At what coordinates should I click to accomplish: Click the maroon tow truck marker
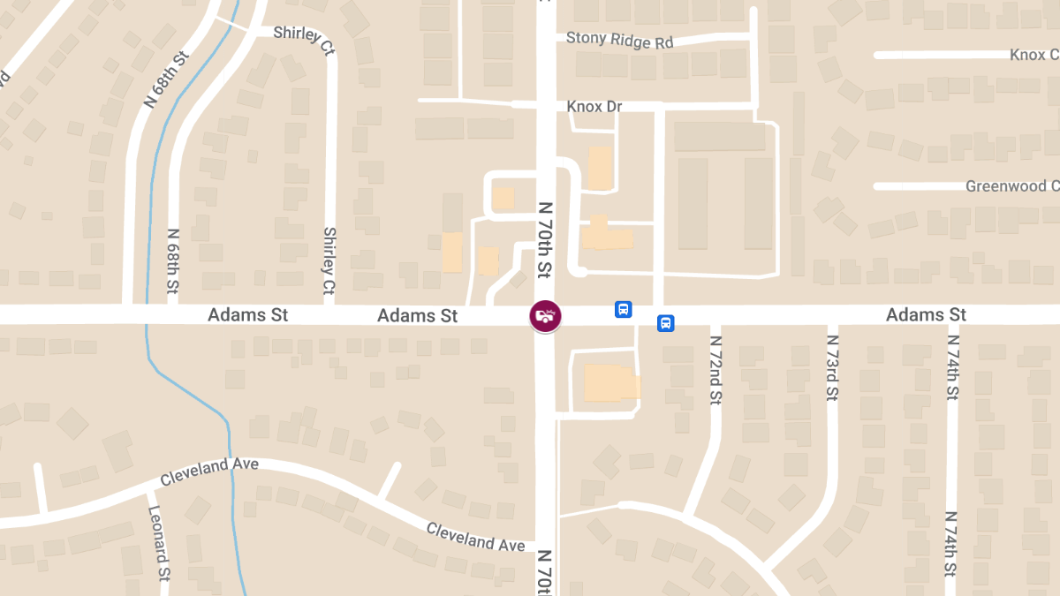click(x=545, y=315)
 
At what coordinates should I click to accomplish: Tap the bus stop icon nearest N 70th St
click(x=623, y=310)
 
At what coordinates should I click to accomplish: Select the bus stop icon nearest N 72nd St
click(x=665, y=323)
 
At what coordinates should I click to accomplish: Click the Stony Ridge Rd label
click(x=619, y=40)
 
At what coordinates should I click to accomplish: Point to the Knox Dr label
click(x=594, y=107)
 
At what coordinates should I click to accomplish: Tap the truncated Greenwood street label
click(x=1011, y=186)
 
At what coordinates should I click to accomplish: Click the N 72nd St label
click(x=715, y=370)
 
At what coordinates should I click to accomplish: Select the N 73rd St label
click(x=832, y=368)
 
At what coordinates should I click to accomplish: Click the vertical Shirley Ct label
click(x=329, y=260)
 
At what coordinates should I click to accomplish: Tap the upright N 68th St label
click(x=172, y=261)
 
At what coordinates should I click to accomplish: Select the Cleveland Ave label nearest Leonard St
click(x=208, y=471)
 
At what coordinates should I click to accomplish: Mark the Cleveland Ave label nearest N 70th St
click(x=475, y=536)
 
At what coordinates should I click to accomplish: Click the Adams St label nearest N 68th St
click(x=247, y=315)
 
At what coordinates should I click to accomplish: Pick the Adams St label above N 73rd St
click(x=926, y=315)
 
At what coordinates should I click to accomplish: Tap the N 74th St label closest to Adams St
click(x=952, y=370)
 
